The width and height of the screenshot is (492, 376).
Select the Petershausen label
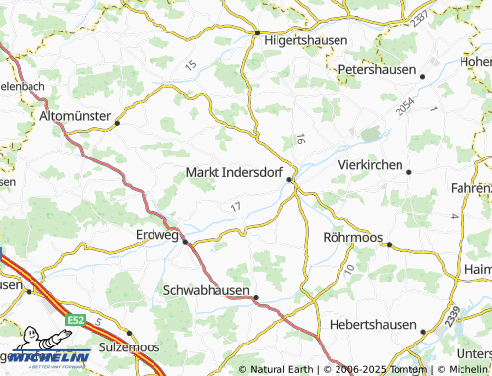pyautogui.click(x=377, y=72)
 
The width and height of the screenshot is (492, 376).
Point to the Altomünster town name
pyautogui.click(x=75, y=116)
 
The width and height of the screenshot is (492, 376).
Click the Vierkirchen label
pyautogui.click(x=370, y=165)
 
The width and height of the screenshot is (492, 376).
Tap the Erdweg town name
pyautogui.click(x=155, y=234)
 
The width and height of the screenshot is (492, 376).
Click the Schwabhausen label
pyautogui.click(x=206, y=291)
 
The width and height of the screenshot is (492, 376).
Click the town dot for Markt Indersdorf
pyautogui.click(x=289, y=179)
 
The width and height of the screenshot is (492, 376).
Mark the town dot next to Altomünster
pyautogui.click(x=117, y=124)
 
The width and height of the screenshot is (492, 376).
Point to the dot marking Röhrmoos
pyautogui.click(x=389, y=244)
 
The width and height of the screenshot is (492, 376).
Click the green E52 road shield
pyautogui.click(x=76, y=322)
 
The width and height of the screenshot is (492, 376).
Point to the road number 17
pyautogui.click(x=233, y=206)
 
